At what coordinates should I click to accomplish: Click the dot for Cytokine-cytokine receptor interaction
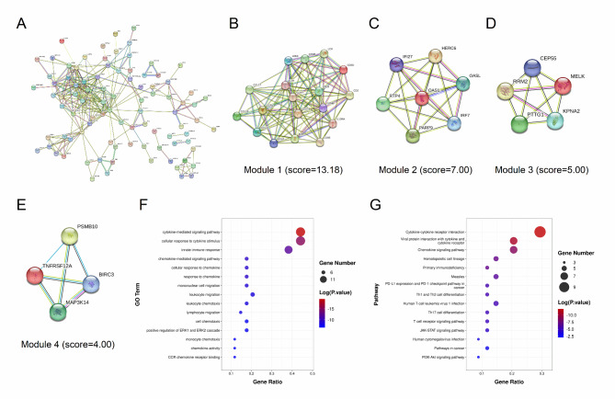click(540, 233)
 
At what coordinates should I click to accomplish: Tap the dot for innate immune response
click(289, 249)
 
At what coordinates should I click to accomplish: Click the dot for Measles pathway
click(495, 276)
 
